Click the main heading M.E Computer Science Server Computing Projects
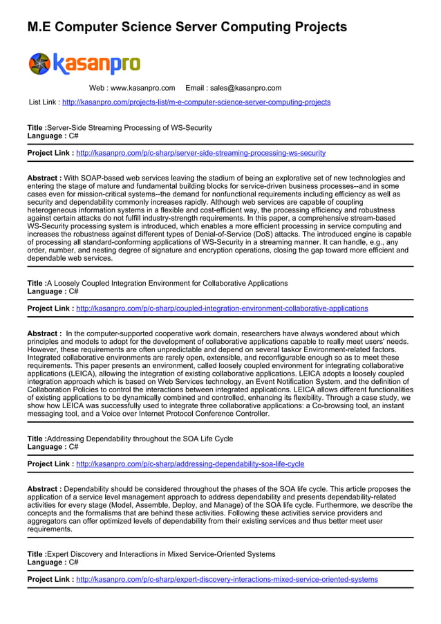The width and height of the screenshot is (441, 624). point(187,27)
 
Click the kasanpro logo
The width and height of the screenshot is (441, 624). point(84,64)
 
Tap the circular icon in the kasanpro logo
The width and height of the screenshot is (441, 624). point(39,64)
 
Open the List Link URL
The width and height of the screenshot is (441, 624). point(196,102)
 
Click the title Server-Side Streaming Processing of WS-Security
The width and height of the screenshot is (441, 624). point(129,128)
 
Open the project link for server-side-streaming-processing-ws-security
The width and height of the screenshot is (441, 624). point(200,153)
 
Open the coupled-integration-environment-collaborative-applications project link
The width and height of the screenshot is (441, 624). point(222,309)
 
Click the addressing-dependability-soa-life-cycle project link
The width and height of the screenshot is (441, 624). point(190,464)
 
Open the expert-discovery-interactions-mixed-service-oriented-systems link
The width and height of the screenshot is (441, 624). point(227,579)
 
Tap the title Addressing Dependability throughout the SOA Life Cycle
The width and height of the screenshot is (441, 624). point(140,439)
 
